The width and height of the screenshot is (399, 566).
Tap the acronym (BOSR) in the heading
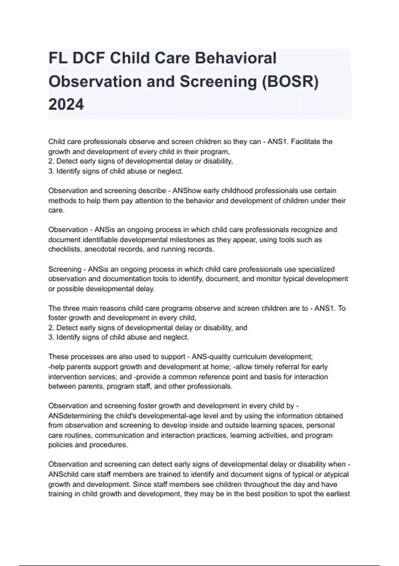(290, 82)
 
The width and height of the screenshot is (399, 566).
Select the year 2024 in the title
(66, 105)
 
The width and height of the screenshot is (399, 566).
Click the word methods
(61, 201)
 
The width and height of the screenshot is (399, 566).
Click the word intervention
(66, 377)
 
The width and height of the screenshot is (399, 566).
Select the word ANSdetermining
(75, 416)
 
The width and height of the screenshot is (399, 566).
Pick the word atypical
(335, 474)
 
